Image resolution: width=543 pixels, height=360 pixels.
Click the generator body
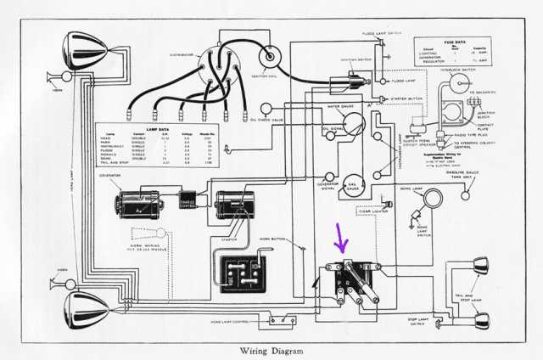click(x=143, y=204)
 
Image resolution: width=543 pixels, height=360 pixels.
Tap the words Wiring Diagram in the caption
click(x=271, y=348)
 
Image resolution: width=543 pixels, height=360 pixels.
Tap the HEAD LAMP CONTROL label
click(x=229, y=321)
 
